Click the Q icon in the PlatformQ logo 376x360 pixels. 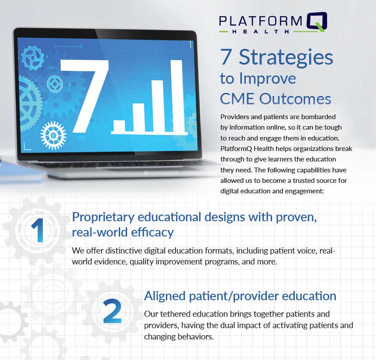point(317,21)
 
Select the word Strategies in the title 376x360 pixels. point(286,58)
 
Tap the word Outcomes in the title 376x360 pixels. point(295,99)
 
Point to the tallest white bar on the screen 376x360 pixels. point(177,96)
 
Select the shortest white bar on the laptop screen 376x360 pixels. point(119,126)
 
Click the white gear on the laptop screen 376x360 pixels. point(53,135)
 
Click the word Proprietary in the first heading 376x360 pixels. point(103,218)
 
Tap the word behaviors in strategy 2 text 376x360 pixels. point(196,336)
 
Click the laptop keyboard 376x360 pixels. point(120,165)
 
